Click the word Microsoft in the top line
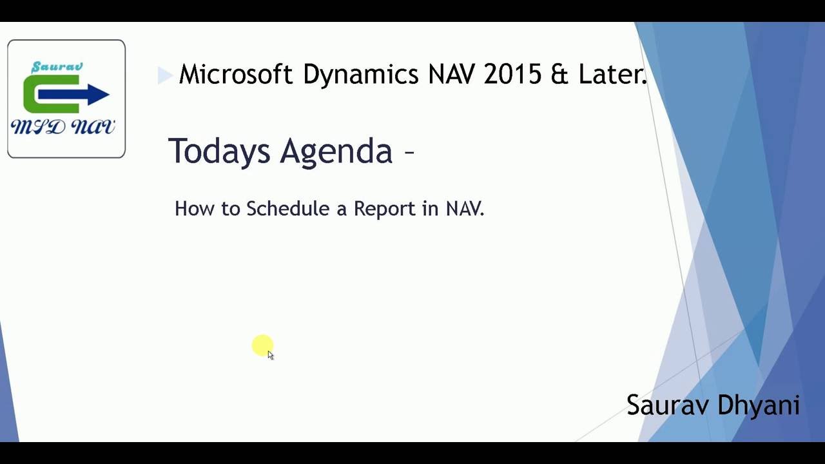(235, 75)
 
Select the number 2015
(512, 75)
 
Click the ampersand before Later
(559, 75)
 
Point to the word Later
(612, 75)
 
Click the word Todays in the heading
(219, 151)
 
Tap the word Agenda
(336, 151)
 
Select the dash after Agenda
(409, 152)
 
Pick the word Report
(385, 209)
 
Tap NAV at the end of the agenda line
(464, 209)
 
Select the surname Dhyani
(758, 405)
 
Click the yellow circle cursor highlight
(262, 345)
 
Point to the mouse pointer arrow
(270, 355)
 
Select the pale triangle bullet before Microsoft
(164, 76)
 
